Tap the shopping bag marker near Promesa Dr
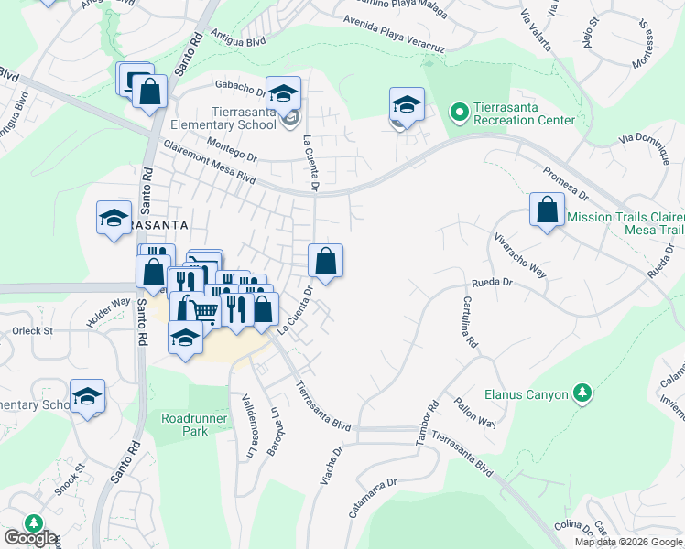[x=547, y=210]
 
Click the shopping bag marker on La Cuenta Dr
[x=325, y=261]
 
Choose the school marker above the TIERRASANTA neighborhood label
[x=114, y=218]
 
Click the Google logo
[x=29, y=538]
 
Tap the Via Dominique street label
[x=647, y=145]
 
